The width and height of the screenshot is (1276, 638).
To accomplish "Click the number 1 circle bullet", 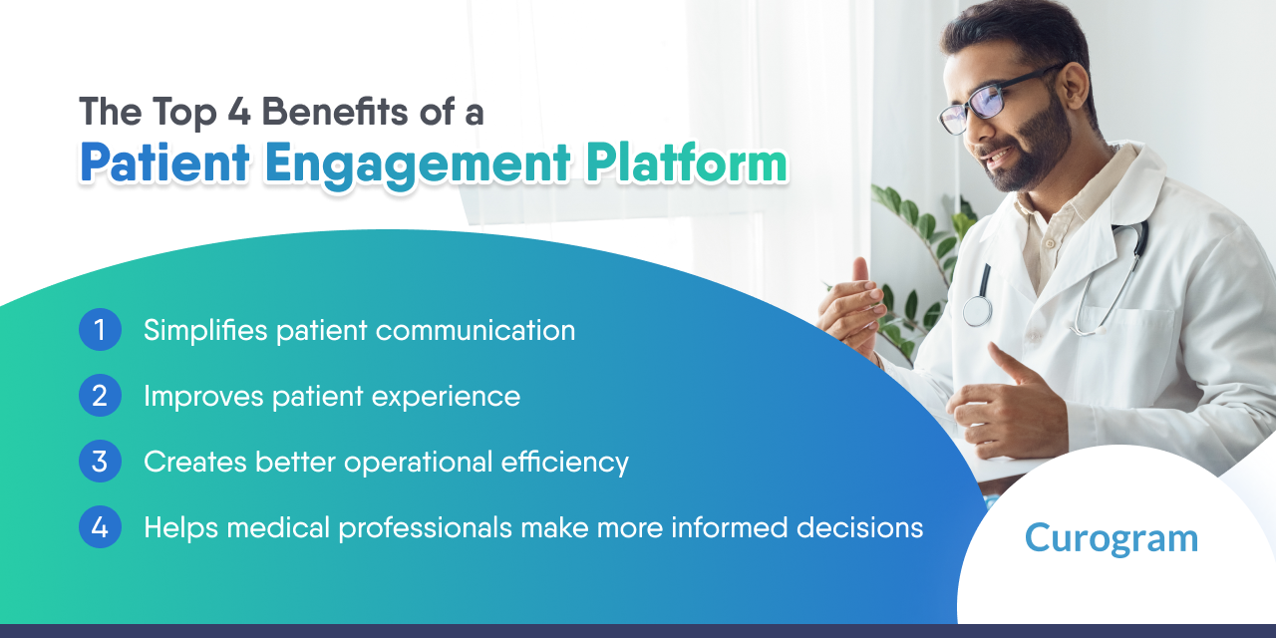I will (x=100, y=330).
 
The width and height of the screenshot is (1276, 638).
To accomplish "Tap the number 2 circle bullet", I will (x=100, y=396).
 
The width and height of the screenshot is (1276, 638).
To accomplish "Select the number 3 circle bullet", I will (x=100, y=462).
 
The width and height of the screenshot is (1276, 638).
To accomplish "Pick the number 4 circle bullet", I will (x=100, y=527).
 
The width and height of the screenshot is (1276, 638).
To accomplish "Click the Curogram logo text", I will (x=1111, y=538).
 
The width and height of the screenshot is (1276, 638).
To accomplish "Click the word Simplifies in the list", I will (x=203, y=330).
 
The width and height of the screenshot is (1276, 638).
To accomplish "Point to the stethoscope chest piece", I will (x=977, y=310).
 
